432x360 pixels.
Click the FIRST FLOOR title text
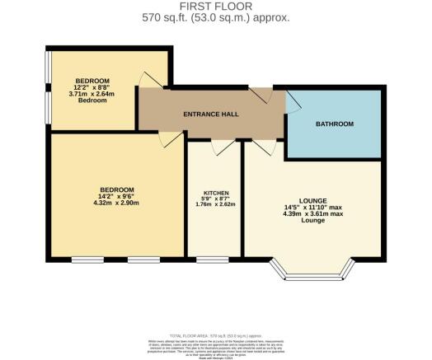coord(215,7)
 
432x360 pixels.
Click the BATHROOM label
coord(334,124)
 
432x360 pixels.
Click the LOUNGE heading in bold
coord(313,201)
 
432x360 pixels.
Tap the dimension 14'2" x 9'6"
coord(116,194)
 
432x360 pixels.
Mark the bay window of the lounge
coord(312,272)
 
